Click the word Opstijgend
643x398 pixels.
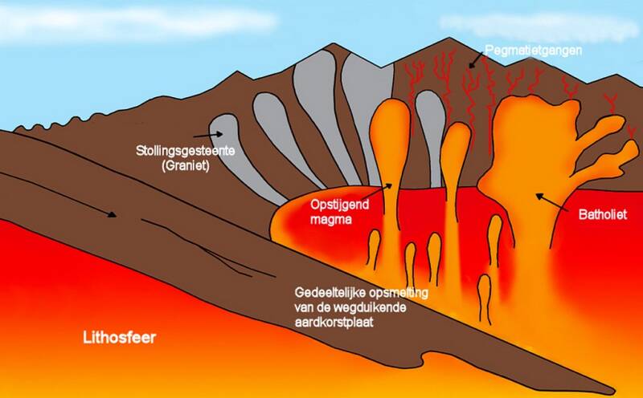[x=337, y=205]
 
